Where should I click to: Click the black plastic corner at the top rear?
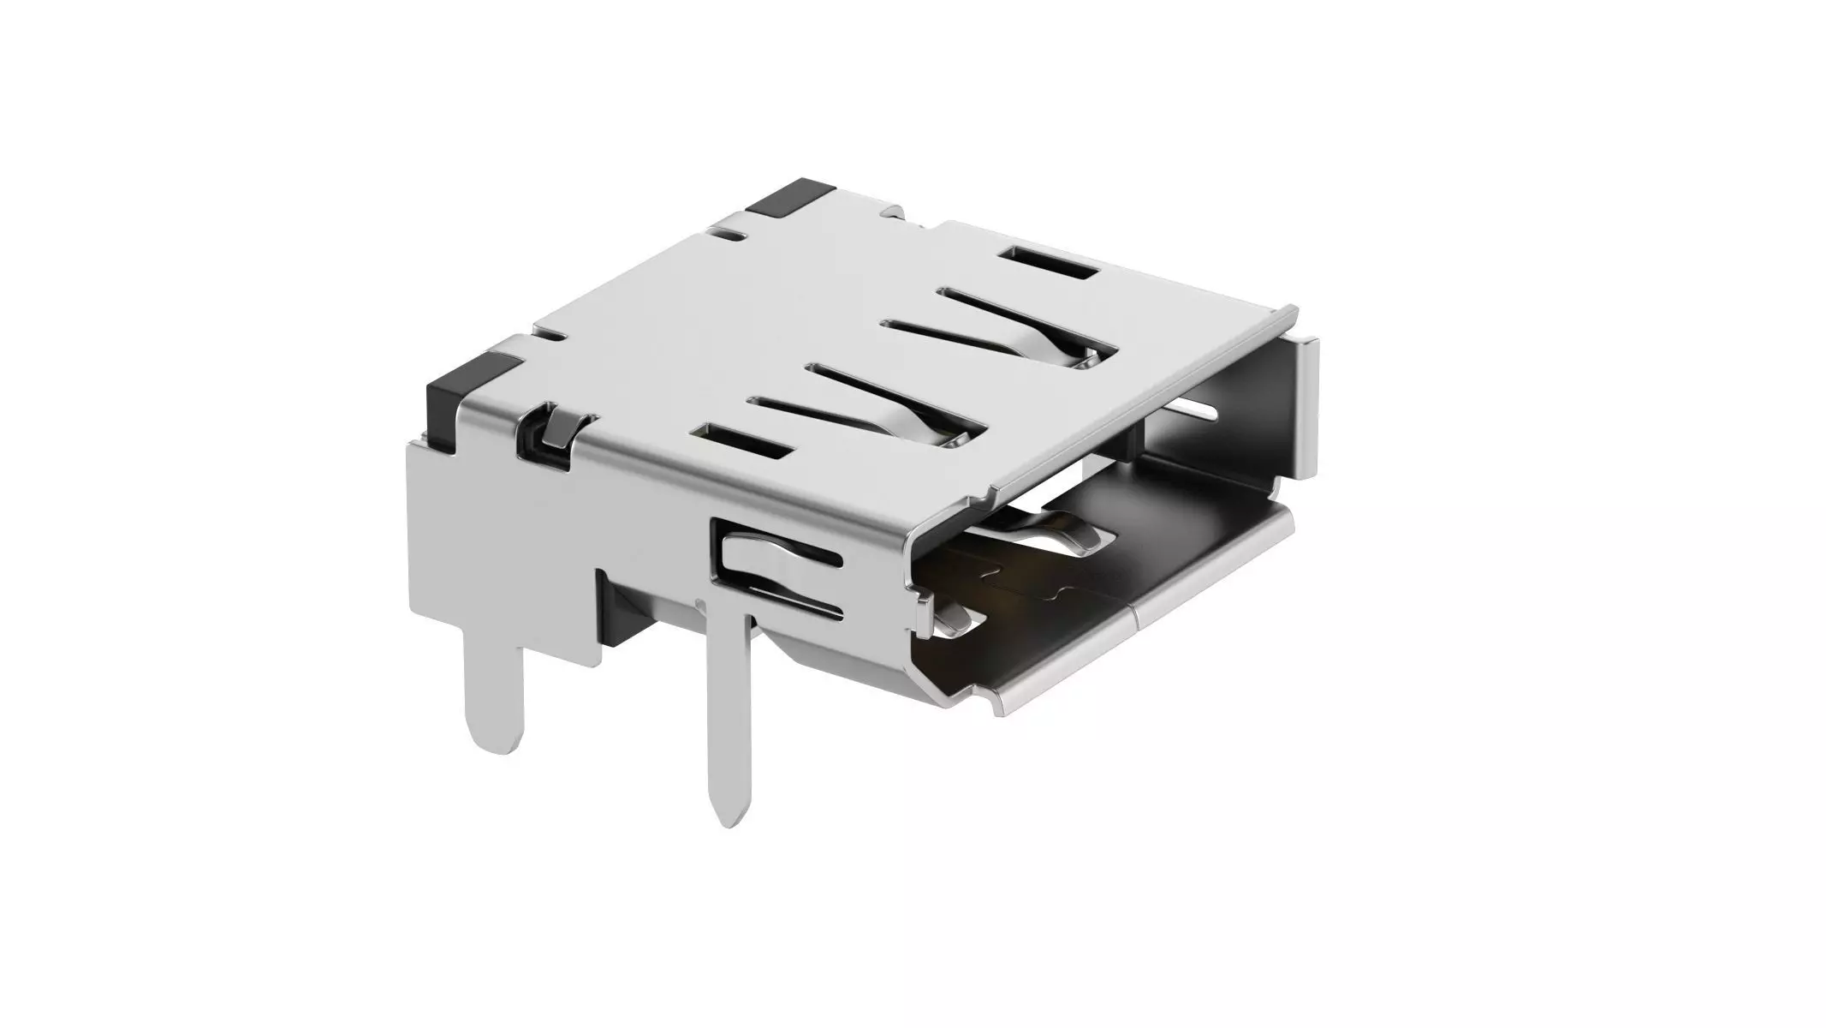(x=782, y=198)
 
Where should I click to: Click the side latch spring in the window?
(x=770, y=558)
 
